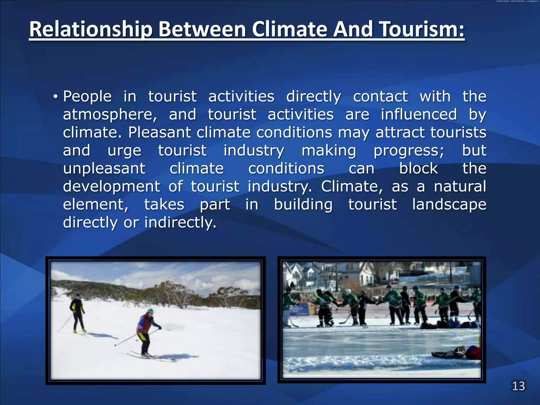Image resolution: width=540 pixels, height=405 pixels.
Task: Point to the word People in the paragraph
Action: [87, 97]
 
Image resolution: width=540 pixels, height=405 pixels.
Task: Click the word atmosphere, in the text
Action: [110, 115]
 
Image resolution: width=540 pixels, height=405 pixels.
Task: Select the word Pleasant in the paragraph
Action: [159, 132]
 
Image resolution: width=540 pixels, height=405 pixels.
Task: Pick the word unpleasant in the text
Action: [104, 169]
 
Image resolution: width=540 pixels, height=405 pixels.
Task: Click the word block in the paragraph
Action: [418, 169]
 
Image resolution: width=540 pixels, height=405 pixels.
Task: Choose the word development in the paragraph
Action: [112, 187]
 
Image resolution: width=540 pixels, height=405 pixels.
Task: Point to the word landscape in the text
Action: [449, 205]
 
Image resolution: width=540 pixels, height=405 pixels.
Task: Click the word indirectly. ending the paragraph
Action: [180, 223]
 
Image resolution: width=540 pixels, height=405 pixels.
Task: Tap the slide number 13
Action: [518, 386]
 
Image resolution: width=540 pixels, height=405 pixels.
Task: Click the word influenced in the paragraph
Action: [419, 115]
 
